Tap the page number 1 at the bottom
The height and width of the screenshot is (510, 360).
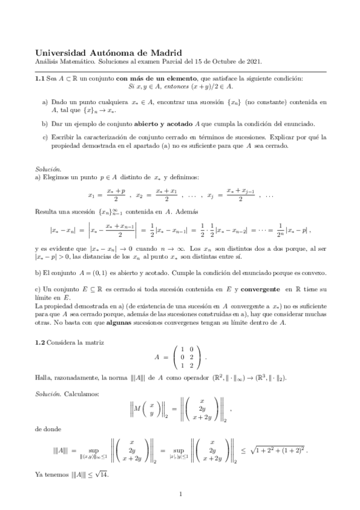click(180, 494)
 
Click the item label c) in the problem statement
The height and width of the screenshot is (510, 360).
click(45, 138)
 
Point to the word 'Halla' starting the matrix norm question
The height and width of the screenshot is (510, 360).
click(44, 377)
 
